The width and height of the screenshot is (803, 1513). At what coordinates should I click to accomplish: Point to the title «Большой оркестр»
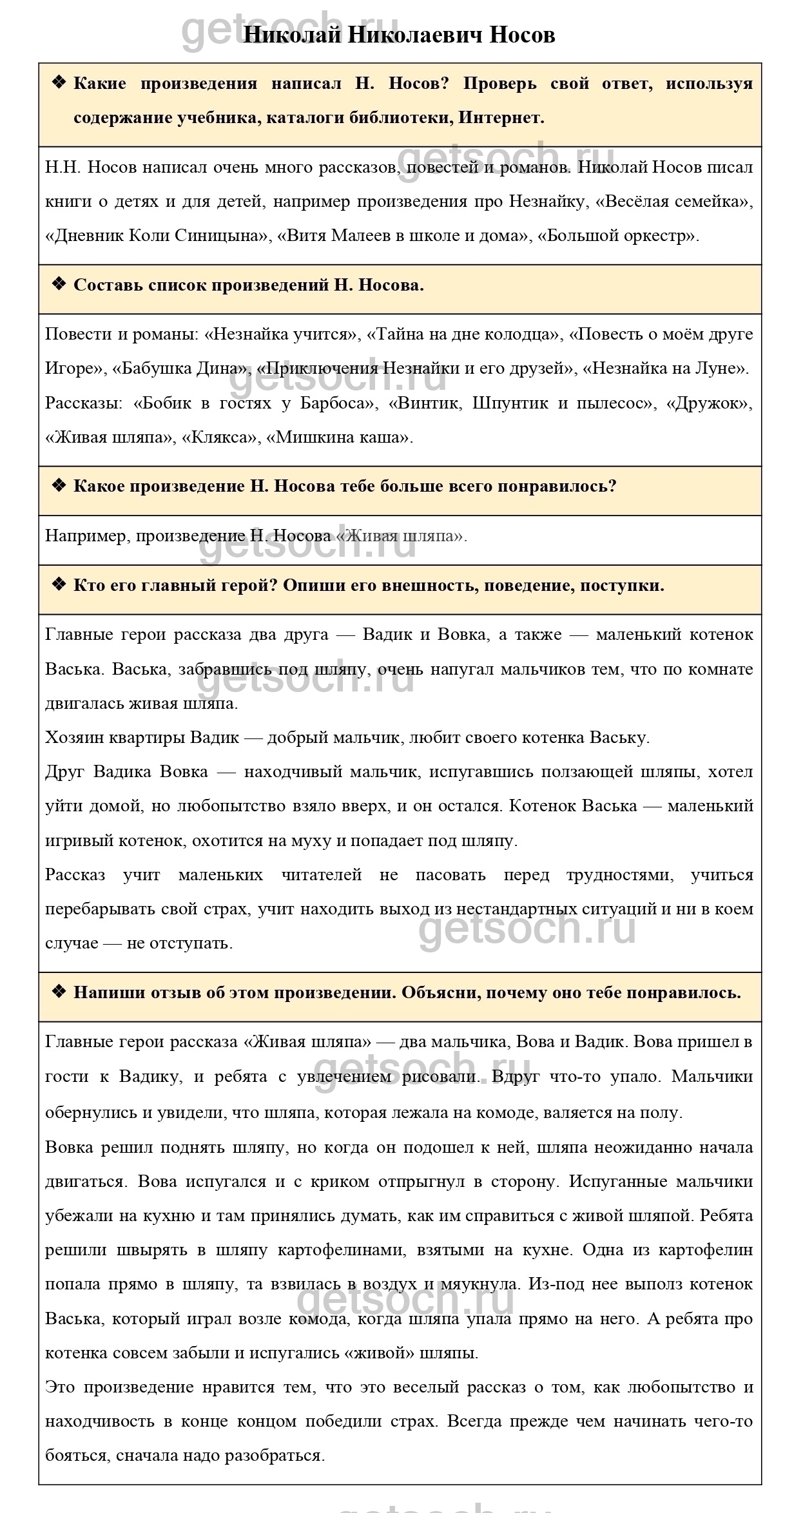(x=617, y=236)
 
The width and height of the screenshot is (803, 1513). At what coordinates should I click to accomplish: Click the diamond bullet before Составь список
(x=59, y=284)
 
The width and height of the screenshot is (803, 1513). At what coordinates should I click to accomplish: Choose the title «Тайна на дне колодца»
(x=462, y=334)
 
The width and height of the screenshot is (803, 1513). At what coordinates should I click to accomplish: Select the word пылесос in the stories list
(x=618, y=403)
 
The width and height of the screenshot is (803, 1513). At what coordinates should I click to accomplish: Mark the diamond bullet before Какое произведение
(x=59, y=485)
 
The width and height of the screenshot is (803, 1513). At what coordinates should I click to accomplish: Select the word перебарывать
(x=102, y=909)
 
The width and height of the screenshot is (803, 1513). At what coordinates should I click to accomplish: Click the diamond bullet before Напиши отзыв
(x=59, y=992)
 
